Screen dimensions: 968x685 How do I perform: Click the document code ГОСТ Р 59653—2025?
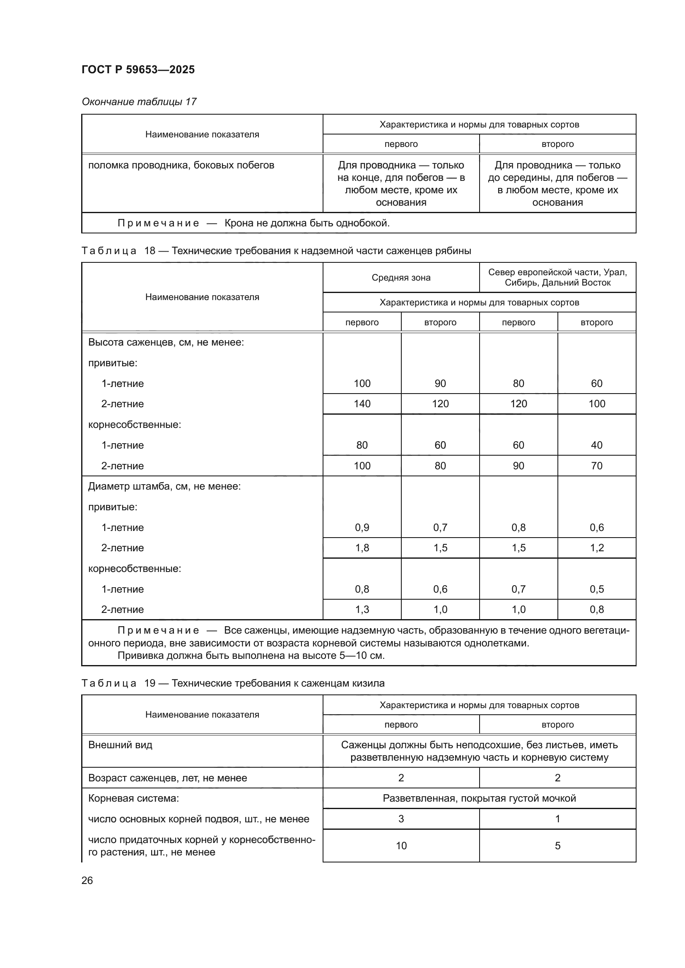tap(138, 70)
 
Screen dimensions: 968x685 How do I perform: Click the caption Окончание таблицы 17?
tap(139, 102)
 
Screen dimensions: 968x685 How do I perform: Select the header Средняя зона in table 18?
tap(401, 277)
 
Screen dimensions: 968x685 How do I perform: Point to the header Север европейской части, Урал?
tap(557, 272)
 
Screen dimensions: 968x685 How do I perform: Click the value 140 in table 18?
tap(362, 404)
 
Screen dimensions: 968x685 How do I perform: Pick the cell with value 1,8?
tap(362, 548)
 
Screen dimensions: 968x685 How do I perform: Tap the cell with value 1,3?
tap(362, 609)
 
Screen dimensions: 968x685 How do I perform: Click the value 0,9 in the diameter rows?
tap(362, 527)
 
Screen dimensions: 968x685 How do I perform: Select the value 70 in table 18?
tap(596, 466)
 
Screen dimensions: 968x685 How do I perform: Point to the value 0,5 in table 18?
tap(596, 589)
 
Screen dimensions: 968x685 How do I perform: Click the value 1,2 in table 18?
tap(596, 548)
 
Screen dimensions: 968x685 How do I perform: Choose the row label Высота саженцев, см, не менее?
tap(166, 342)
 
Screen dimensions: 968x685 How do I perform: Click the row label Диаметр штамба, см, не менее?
tap(164, 486)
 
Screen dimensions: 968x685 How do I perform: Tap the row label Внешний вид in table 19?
tap(120, 745)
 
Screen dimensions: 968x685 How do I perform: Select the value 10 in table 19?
tap(401, 846)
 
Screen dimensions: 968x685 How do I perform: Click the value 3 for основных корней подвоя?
tap(401, 819)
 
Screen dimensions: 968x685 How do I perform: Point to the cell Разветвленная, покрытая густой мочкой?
tap(479, 798)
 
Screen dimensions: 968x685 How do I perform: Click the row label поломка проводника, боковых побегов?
tap(181, 165)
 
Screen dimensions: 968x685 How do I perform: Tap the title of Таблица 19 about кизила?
tap(233, 683)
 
